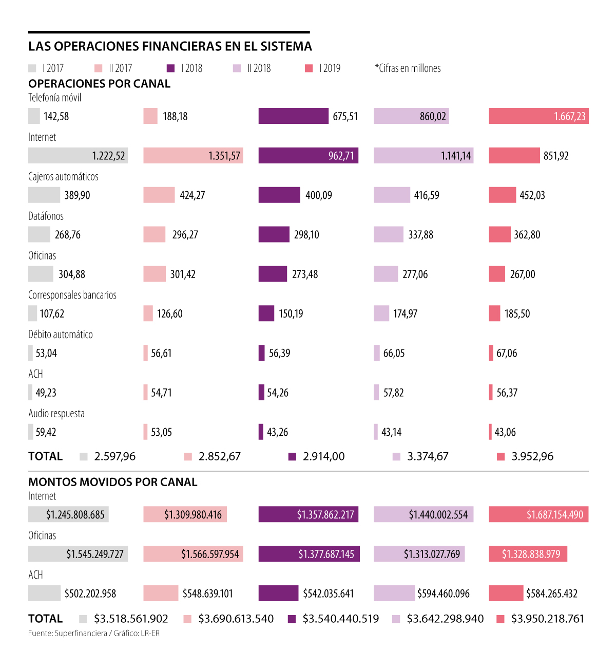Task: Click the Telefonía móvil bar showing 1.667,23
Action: coord(538,116)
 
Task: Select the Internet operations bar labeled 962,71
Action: coord(308,156)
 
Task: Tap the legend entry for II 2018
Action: coord(252,68)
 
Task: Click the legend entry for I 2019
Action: coord(323,68)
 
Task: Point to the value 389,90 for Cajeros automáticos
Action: coord(77,195)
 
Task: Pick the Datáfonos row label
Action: coord(46,216)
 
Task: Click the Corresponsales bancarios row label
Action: coord(72,295)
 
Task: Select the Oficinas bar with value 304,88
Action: coord(41,274)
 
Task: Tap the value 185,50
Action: coord(517,313)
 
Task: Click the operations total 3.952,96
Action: coord(532,456)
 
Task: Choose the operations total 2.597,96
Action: coord(114,456)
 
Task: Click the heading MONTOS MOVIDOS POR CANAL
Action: coord(112,482)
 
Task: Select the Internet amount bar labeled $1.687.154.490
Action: coord(538,514)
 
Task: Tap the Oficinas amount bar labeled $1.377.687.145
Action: coord(309,554)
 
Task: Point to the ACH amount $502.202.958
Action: coord(90,594)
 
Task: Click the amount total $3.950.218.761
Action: coord(547,619)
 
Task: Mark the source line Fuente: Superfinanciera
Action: coord(93,633)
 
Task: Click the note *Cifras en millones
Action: coord(408,68)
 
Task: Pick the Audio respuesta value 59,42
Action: coord(46,432)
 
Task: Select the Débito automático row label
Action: coord(60,335)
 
